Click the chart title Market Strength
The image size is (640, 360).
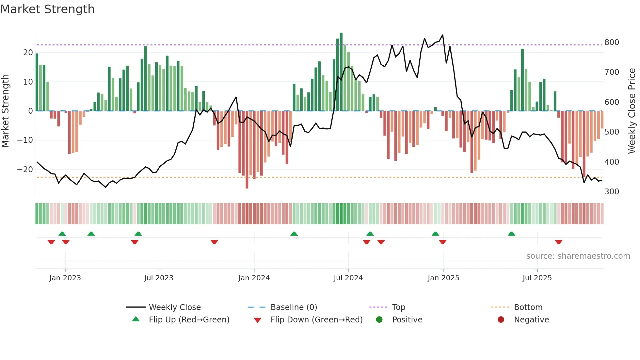(x=47, y=9)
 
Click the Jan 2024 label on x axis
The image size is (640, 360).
(x=254, y=278)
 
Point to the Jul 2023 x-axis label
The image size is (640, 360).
(x=159, y=278)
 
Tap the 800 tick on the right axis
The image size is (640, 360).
(x=612, y=42)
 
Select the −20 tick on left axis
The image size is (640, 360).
(x=25, y=170)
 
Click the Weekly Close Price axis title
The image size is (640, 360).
(x=632, y=111)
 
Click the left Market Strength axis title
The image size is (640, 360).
(x=6, y=111)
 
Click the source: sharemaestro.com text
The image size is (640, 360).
(x=578, y=256)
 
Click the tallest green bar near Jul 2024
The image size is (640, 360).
(x=341, y=72)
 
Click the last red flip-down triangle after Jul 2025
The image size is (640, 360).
(x=558, y=242)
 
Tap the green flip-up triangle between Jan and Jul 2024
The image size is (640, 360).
(x=294, y=234)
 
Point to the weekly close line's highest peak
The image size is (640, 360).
(x=442, y=35)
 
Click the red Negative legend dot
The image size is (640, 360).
(x=501, y=320)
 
